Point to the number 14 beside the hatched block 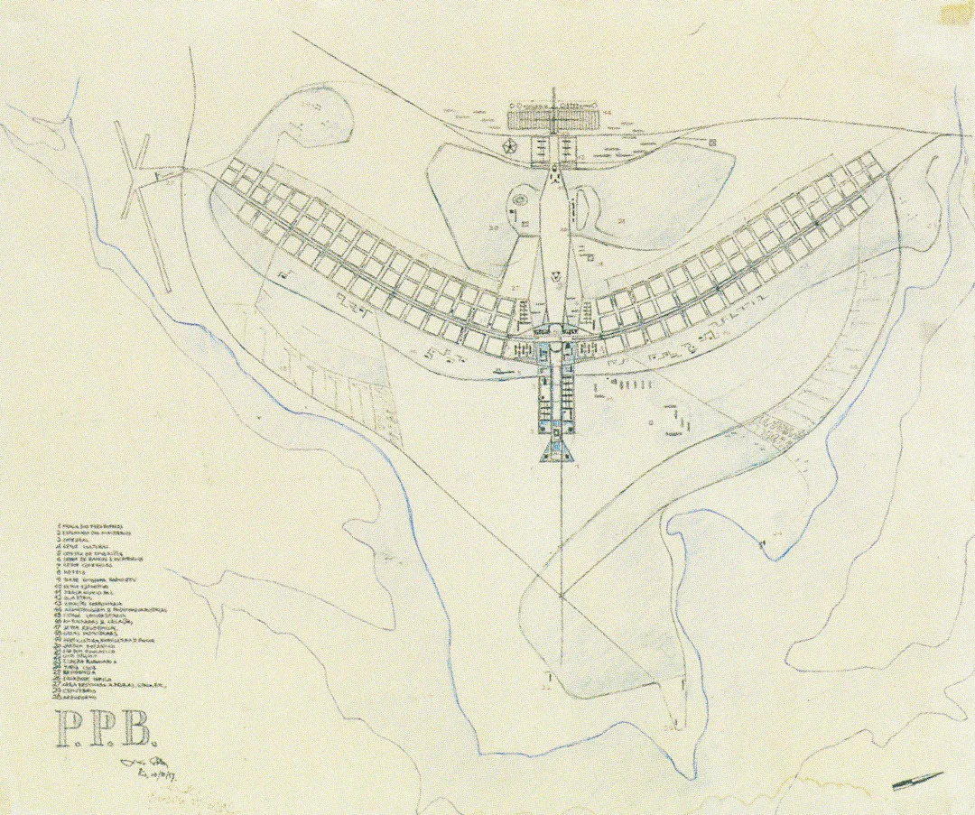click(607, 113)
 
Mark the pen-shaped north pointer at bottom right click(918, 781)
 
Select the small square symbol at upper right click(713, 143)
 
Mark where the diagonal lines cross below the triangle click(561, 596)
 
